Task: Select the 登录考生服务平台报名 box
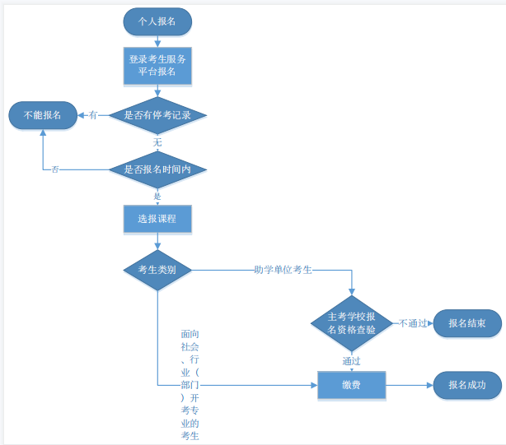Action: pyautogui.click(x=157, y=66)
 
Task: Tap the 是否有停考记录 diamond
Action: pyautogui.click(x=157, y=115)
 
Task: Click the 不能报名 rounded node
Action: pyautogui.click(x=42, y=115)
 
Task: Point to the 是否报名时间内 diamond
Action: pyautogui.click(x=157, y=169)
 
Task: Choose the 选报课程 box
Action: pyautogui.click(x=157, y=220)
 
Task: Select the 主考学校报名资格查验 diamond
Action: pyautogui.click(x=352, y=323)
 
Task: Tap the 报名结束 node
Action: pyautogui.click(x=467, y=323)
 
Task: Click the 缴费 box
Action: pyautogui.click(x=352, y=385)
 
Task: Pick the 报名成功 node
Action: pyautogui.click(x=467, y=385)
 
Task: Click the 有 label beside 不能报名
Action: pyautogui.click(x=93, y=115)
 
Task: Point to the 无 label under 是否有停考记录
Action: pyautogui.click(x=157, y=142)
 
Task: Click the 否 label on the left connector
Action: pyautogui.click(x=55, y=169)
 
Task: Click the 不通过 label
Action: pyautogui.click(x=413, y=323)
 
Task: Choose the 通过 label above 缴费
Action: pyautogui.click(x=352, y=360)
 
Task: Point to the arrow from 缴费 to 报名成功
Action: pyautogui.click(x=409, y=385)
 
